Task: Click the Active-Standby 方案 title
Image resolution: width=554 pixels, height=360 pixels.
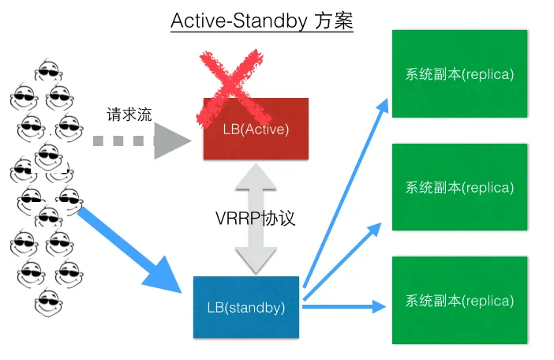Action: point(262,21)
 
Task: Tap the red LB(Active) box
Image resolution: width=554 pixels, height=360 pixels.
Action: point(256,129)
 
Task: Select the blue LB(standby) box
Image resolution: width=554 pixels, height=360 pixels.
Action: point(246,307)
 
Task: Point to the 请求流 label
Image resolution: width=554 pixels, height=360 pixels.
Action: point(129,114)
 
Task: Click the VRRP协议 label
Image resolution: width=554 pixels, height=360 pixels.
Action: point(255,218)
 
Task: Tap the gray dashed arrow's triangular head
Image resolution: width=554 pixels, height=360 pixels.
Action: point(172,141)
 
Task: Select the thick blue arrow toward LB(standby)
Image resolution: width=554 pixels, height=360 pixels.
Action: point(129,249)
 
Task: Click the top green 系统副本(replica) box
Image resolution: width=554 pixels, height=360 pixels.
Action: point(459,73)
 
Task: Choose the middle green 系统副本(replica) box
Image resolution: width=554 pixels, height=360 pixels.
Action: point(459,187)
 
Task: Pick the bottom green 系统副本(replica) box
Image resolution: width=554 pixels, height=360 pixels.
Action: point(459,300)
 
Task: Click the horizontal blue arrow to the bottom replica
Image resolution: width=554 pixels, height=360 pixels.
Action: point(344,306)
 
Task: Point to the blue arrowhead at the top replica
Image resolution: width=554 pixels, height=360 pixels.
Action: point(382,107)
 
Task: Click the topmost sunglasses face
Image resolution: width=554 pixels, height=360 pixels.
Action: point(49,70)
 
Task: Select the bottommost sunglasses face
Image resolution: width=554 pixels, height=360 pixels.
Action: point(49,303)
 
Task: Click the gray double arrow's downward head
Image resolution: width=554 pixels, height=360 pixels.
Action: point(256,261)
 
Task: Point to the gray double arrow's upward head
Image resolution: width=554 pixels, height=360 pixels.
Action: point(256,176)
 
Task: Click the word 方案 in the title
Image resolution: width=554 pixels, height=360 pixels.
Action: point(334,21)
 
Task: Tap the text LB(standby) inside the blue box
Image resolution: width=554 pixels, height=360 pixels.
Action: point(246,307)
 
